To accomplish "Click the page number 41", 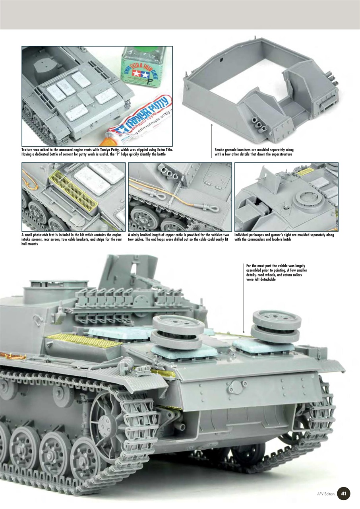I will [344, 494].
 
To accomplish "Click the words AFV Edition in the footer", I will [326, 494].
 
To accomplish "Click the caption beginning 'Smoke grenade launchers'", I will [254, 152].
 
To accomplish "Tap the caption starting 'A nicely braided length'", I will [178, 237].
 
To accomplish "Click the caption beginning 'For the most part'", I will [276, 272].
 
